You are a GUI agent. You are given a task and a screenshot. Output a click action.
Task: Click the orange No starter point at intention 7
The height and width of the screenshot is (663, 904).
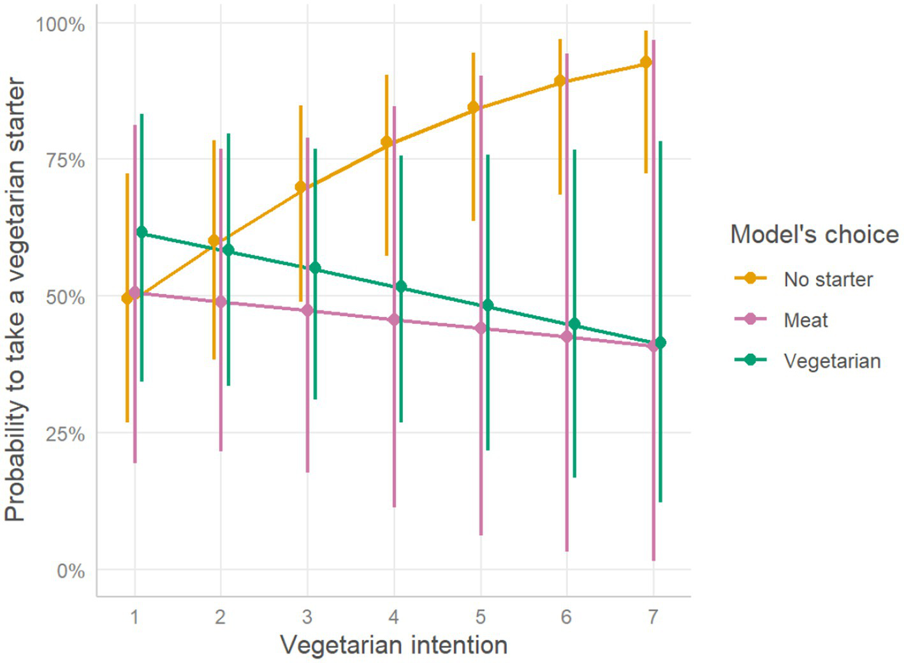646,62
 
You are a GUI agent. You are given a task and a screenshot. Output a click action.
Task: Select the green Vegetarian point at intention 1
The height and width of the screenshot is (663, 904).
142,232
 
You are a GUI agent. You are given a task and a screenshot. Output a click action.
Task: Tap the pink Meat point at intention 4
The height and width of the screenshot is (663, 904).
394,319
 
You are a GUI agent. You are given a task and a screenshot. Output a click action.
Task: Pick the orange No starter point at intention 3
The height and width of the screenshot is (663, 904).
300,187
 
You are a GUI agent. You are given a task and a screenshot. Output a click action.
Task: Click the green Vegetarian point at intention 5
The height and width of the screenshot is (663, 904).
488,305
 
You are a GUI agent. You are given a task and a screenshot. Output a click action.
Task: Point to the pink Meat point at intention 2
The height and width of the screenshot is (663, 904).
221,302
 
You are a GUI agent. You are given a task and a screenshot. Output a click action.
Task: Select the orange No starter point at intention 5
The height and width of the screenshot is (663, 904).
473,107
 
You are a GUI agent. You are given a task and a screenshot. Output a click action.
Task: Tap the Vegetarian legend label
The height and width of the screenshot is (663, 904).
831,361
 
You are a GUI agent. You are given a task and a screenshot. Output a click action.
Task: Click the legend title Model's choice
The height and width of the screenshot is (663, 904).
814,235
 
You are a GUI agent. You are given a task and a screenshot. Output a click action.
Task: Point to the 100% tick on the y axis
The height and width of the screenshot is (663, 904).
61,25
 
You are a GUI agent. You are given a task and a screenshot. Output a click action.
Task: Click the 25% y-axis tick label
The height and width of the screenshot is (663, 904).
65,434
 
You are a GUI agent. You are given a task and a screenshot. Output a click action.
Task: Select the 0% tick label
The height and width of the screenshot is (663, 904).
70,571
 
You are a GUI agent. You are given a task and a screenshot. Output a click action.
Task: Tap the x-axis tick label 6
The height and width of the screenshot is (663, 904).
566,616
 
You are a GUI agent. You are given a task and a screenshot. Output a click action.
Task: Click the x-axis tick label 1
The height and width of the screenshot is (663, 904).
135,616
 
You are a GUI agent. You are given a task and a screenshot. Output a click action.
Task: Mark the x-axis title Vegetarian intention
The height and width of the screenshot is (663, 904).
393,645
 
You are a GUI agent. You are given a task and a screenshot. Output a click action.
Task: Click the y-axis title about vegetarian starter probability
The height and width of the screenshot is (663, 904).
15,300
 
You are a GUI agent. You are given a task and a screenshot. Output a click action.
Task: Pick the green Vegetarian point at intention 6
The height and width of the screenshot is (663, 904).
574,324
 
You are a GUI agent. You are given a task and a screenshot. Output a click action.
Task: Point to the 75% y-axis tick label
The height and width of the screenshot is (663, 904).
65,160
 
